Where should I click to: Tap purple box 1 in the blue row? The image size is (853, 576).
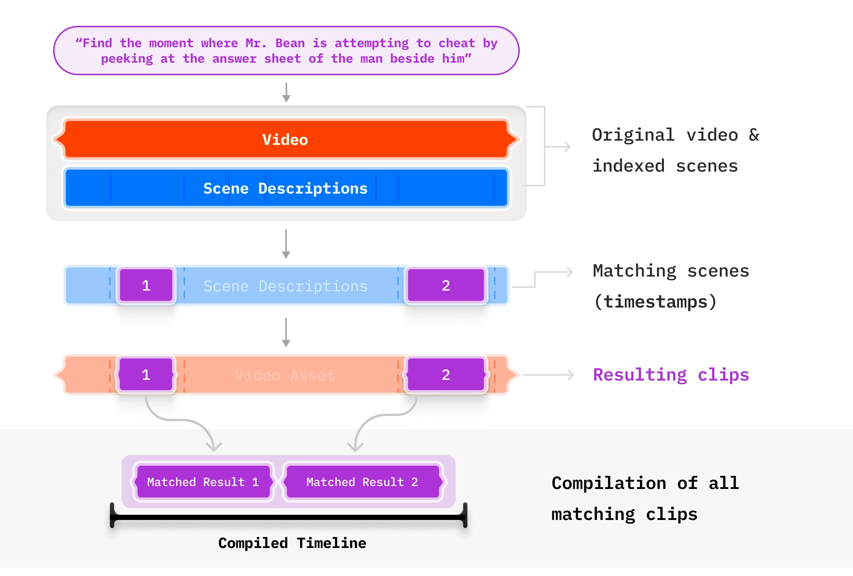(146, 285)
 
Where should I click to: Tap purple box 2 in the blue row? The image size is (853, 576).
(446, 285)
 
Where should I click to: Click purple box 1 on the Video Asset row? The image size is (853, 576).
(146, 375)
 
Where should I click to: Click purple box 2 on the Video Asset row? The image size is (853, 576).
(446, 375)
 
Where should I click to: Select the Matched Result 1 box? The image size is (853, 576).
(203, 482)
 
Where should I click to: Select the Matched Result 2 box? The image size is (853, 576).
(362, 482)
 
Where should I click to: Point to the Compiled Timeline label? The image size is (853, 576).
(292, 543)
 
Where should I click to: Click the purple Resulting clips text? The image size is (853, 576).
(671, 375)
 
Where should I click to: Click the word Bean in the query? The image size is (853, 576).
(290, 43)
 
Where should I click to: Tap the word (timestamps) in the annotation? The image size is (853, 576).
(655, 302)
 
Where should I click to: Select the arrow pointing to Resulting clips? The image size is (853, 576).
(549, 375)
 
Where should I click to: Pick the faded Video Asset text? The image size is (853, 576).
(285, 375)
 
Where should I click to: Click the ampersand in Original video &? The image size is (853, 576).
(754, 135)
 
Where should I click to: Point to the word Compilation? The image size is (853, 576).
(609, 483)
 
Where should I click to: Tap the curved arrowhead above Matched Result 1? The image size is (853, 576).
(213, 446)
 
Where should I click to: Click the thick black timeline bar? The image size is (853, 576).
(288, 517)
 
